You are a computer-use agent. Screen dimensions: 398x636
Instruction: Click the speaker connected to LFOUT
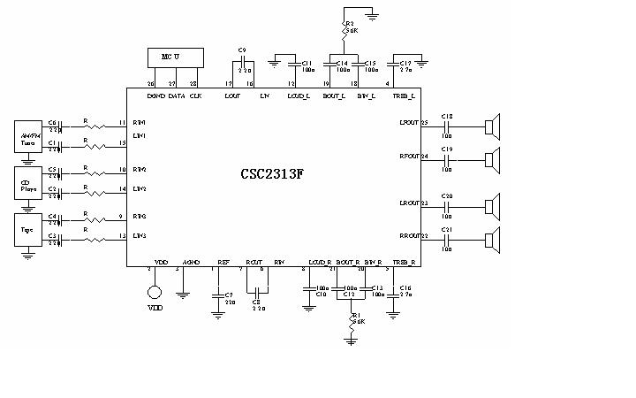pos(492,126)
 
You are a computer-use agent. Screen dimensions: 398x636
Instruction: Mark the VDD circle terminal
pos(155,292)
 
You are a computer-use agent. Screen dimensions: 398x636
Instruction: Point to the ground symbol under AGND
pos(183,294)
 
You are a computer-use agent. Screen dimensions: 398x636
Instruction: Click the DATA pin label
pos(177,95)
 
